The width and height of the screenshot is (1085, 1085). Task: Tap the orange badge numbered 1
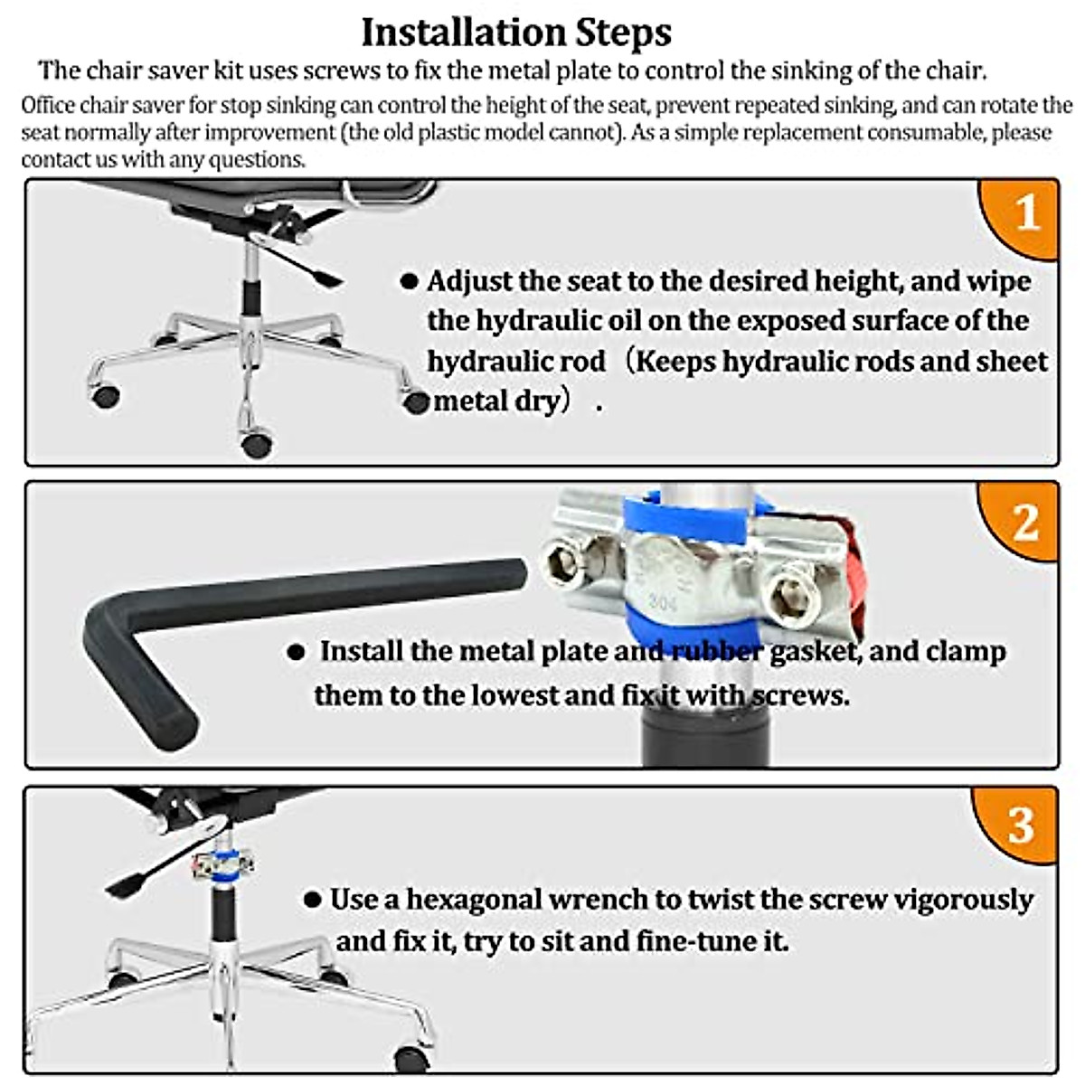tap(1024, 214)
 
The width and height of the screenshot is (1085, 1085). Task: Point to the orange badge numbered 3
tap(1021, 825)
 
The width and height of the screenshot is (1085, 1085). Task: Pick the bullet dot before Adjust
tap(409, 282)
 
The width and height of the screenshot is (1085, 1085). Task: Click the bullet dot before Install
tap(296, 652)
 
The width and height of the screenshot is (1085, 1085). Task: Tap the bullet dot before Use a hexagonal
tap(313, 900)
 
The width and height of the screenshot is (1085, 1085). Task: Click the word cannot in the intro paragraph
tap(582, 133)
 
